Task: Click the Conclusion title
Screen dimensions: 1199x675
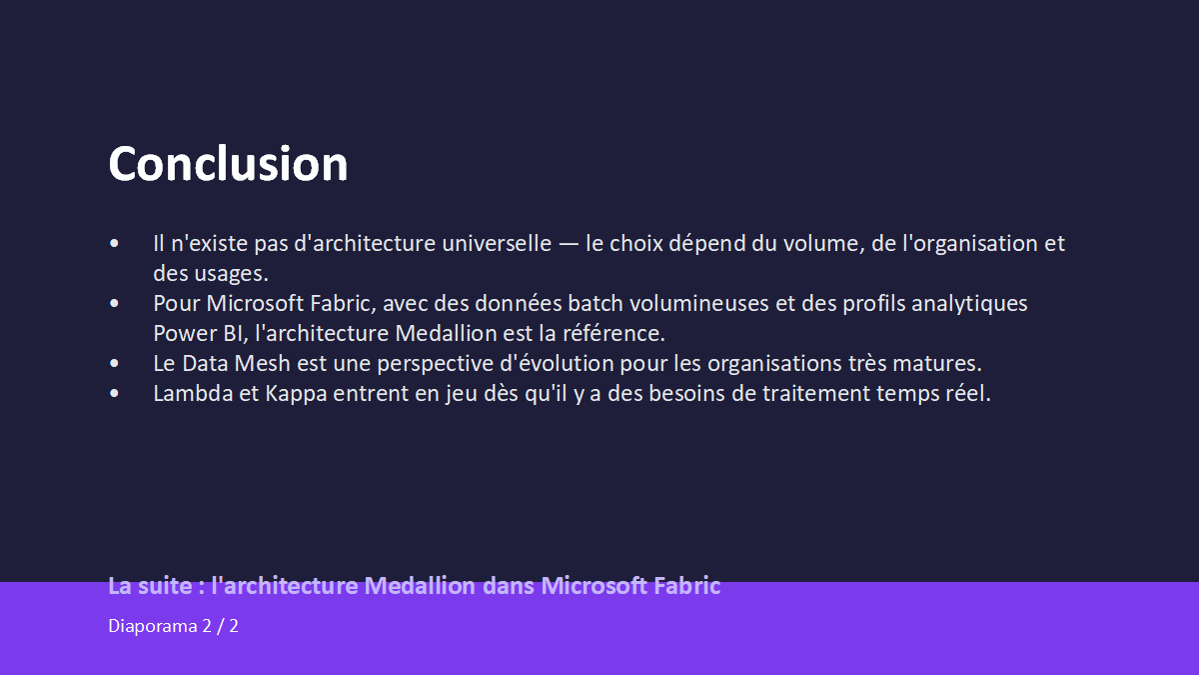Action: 228,163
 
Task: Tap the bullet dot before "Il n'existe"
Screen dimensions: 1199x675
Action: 114,244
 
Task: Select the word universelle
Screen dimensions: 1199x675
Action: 497,244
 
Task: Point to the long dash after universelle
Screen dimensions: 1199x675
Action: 569,244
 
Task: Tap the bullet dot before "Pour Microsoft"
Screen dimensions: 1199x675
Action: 114,304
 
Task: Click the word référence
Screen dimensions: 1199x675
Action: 613,334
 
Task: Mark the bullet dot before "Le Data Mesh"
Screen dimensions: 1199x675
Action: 114,364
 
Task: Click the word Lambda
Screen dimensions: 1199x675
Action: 193,394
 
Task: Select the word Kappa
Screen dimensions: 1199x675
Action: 296,394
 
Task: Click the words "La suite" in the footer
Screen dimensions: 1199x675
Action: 151,586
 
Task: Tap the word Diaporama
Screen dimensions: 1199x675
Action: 153,626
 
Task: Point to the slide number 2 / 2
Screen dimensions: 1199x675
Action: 221,626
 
